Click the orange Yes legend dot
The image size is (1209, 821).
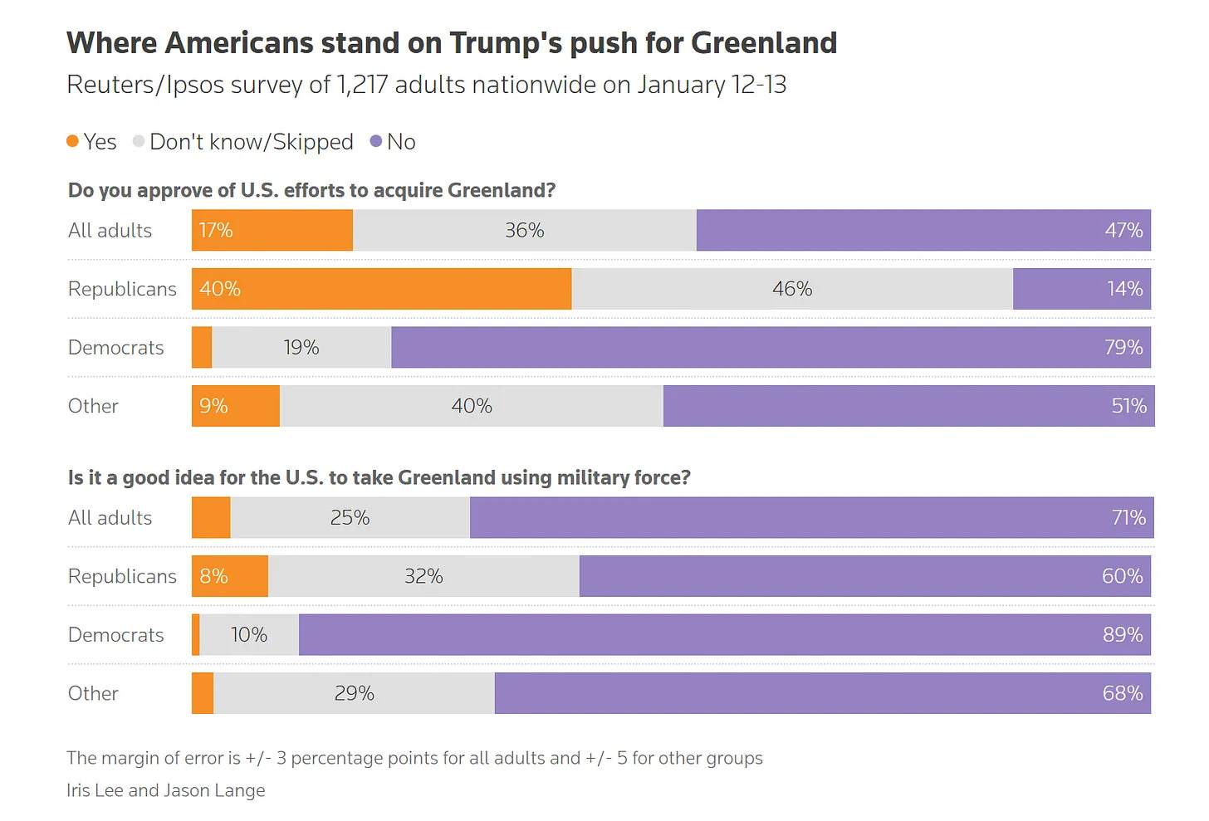pyautogui.click(x=73, y=141)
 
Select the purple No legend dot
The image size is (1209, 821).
pyautogui.click(x=376, y=141)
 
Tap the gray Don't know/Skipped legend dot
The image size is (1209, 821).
pyautogui.click(x=139, y=141)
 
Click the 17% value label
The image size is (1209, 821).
pyautogui.click(x=216, y=231)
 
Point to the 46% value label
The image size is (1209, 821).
pyautogui.click(x=792, y=289)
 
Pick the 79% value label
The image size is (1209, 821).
pyautogui.click(x=1123, y=348)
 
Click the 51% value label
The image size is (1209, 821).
pyautogui.click(x=1128, y=406)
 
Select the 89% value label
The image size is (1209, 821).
pyautogui.click(x=1123, y=635)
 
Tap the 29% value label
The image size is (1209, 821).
pyautogui.click(x=354, y=693)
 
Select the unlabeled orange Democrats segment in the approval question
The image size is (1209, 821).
pyautogui.click(x=202, y=348)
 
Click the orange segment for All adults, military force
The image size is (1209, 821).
pyautogui.click(x=211, y=518)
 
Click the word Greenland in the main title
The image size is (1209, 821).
pyautogui.click(x=764, y=43)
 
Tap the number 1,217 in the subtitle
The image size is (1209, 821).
pyautogui.click(x=362, y=85)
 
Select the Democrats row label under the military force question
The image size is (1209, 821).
pyautogui.click(x=116, y=635)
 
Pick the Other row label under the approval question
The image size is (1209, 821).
pyautogui.click(x=93, y=406)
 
